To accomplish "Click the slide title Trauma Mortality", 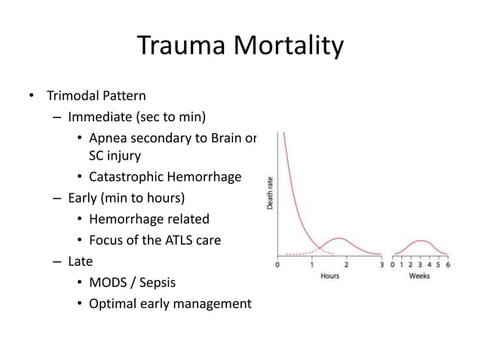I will pyautogui.click(x=240, y=47).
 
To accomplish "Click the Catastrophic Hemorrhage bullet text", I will pyautogui.click(x=165, y=177).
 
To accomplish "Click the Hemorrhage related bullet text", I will pyautogui.click(x=149, y=219).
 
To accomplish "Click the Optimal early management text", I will pyautogui.click(x=170, y=304).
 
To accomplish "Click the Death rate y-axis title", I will pyautogui.click(x=270, y=193).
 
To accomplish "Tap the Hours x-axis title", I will pyautogui.click(x=329, y=276).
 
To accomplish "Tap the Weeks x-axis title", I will pyautogui.click(x=419, y=276).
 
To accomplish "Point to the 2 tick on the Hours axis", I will pyautogui.click(x=346, y=264).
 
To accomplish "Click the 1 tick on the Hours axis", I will pyautogui.click(x=312, y=264).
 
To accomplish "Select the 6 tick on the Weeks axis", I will pyautogui.click(x=449, y=264).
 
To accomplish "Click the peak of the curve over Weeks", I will pyautogui.click(x=420, y=241).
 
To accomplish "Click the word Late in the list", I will pyautogui.click(x=78, y=262).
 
